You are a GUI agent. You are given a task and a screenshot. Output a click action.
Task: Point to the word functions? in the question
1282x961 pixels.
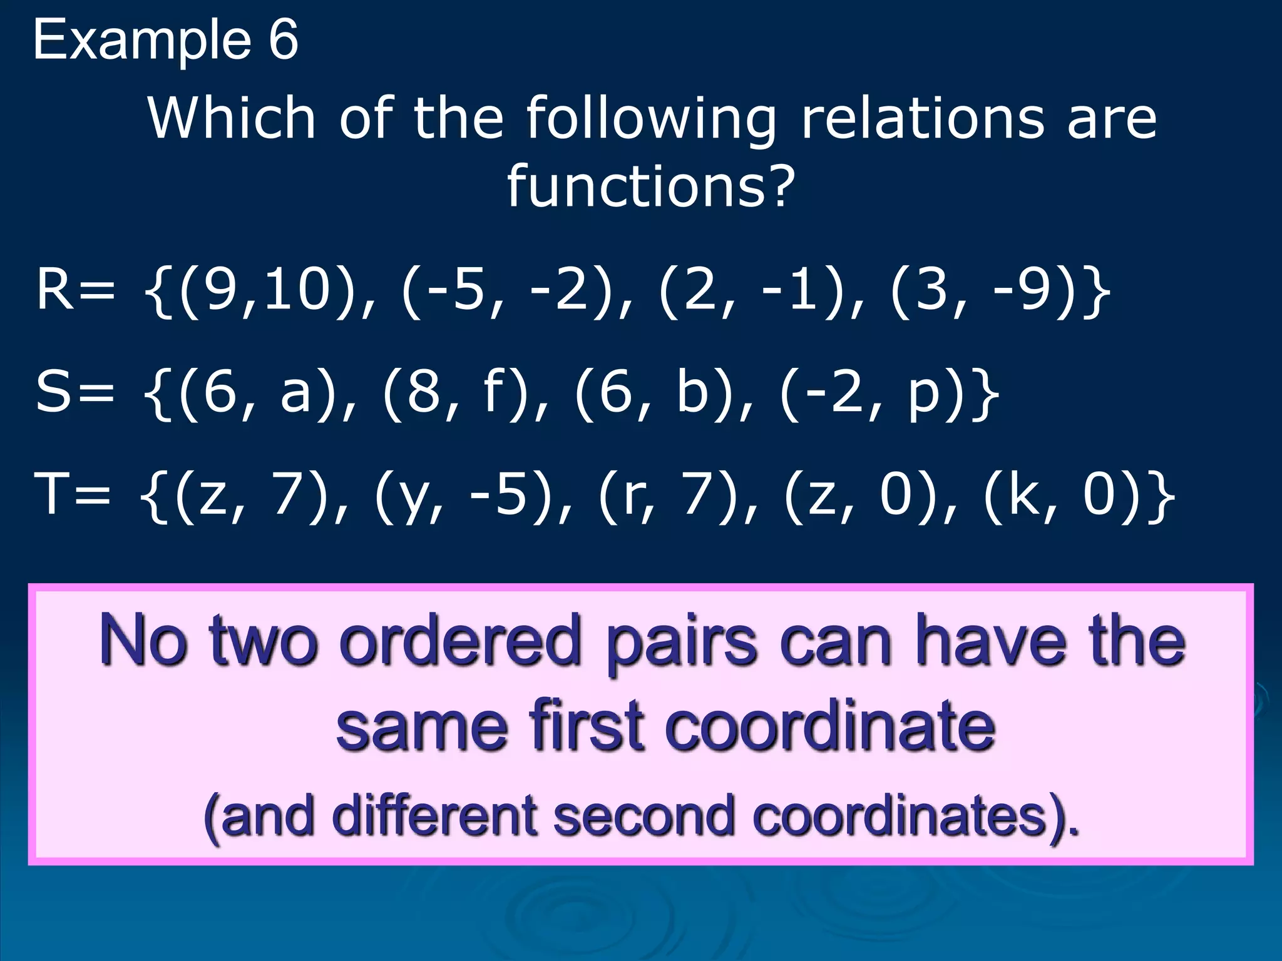(x=651, y=186)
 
